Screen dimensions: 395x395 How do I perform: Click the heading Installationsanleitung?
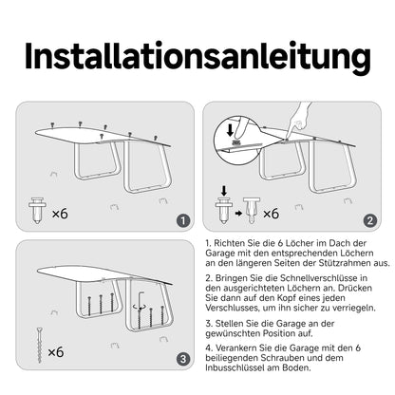coord(197,57)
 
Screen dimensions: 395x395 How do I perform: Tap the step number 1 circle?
coord(183,220)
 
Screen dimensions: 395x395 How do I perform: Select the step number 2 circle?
coord(370,220)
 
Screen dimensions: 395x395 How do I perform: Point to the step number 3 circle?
coord(183,359)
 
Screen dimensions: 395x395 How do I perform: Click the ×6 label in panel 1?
coord(60,214)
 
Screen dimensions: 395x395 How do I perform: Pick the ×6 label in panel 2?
coord(271,214)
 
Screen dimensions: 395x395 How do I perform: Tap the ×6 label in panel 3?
coord(56,352)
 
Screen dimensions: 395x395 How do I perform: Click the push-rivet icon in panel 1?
coord(37,211)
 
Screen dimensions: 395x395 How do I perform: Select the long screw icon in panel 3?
coord(39,346)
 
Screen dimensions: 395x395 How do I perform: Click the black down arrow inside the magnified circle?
coord(231,130)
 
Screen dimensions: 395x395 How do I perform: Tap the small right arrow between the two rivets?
coord(238,214)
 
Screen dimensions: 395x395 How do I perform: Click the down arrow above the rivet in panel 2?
coord(224,191)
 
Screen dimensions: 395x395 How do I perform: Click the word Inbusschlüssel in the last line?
coord(235,367)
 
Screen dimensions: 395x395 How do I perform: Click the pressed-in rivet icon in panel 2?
coord(252,211)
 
